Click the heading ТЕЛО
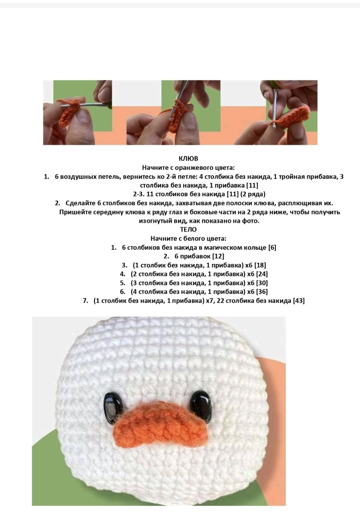click(188, 230)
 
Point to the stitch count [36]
click(262, 292)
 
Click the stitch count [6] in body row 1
click(272, 248)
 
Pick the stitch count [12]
click(218, 256)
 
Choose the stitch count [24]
click(262, 274)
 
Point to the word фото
click(251, 221)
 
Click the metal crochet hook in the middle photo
click(177, 97)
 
